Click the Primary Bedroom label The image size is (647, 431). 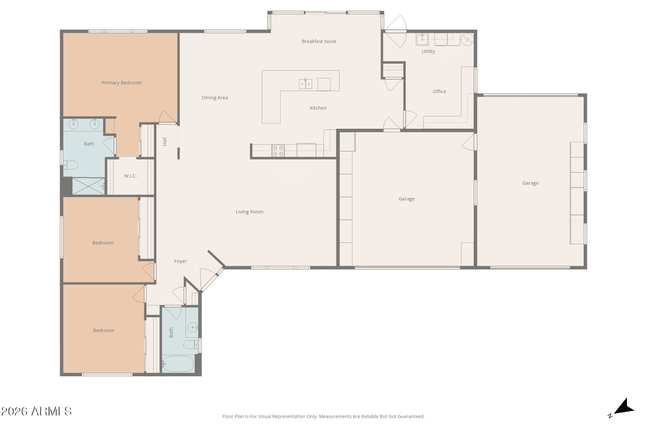coord(122,83)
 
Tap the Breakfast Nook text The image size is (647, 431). coord(319,41)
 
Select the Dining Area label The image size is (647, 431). coord(215,98)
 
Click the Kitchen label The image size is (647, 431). coord(318,108)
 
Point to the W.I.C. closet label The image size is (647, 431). coord(130,176)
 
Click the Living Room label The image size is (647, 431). coord(249,212)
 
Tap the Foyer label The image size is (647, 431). coord(181,261)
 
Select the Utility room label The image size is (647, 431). coord(428,51)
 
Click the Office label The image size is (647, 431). coord(439,92)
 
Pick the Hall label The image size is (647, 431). coord(165,142)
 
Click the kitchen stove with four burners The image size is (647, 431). coord(278,151)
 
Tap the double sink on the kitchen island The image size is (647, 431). coord(305,84)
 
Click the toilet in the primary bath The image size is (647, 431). coord(71,165)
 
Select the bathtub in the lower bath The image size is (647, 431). coord(178,364)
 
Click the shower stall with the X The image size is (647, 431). coord(88,186)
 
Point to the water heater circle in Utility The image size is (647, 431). coord(467,39)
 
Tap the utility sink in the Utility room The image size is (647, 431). coord(422,39)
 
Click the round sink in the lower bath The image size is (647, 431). coord(193,327)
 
